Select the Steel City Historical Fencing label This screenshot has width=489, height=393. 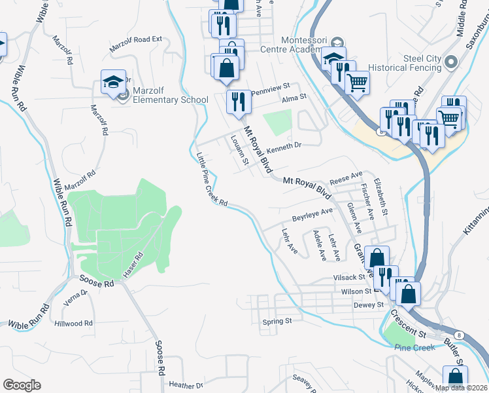coord(404,63)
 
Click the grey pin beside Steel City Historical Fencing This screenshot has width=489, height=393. coord(450,63)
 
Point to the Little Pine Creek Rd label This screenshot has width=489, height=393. coord(211,179)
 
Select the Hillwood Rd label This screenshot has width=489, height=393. coord(74,324)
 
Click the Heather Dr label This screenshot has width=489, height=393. coord(182,384)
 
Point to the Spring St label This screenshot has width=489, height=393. coord(276,322)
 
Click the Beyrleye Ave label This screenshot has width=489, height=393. coord(312,214)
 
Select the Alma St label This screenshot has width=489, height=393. coord(294,98)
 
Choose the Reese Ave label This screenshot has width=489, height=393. coord(346,178)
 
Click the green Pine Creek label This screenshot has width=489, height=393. coord(411,348)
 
